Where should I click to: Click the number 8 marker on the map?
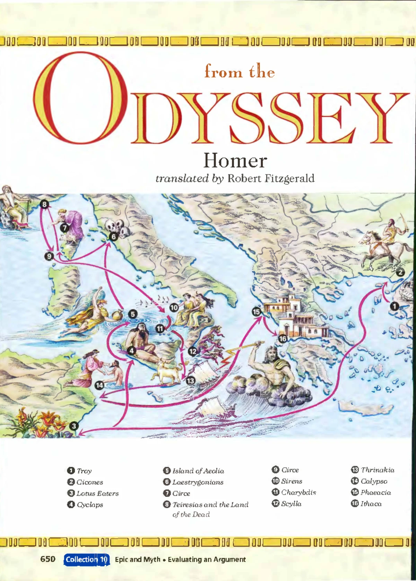pyautogui.click(x=44, y=204)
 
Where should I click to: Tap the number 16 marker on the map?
pyautogui.click(x=283, y=339)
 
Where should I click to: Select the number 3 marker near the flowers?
pyautogui.click(x=73, y=426)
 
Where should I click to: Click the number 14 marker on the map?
pyautogui.click(x=99, y=385)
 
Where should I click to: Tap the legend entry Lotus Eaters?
pyautogui.click(x=97, y=493)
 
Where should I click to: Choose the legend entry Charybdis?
pyautogui.click(x=298, y=492)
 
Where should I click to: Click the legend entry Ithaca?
pyautogui.click(x=371, y=504)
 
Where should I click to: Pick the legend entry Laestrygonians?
pyautogui.click(x=198, y=482)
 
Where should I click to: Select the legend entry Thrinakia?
pyautogui.click(x=377, y=470)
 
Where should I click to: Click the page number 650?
pyautogui.click(x=48, y=559)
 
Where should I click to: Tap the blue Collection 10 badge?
pyautogui.click(x=87, y=559)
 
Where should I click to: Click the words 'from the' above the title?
pyautogui.click(x=240, y=72)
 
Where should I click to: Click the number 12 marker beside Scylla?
pyautogui.click(x=192, y=351)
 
